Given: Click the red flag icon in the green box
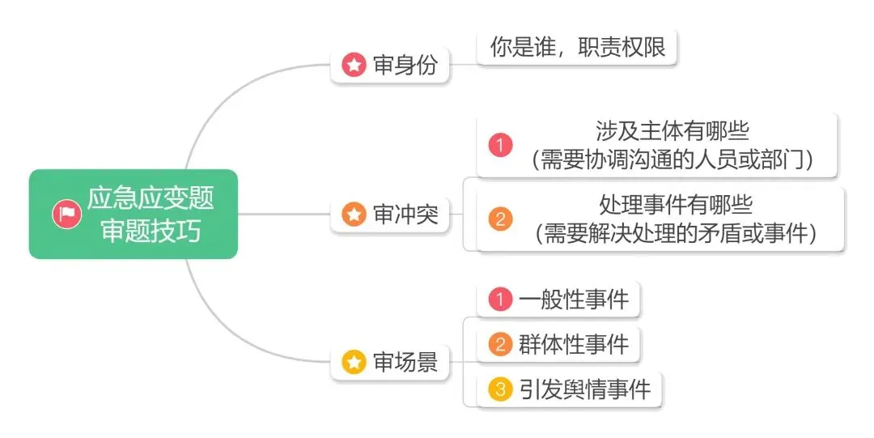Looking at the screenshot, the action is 66,214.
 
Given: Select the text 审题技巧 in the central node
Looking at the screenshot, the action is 151,231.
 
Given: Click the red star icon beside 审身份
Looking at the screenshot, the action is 354,66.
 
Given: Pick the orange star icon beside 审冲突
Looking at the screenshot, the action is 354,215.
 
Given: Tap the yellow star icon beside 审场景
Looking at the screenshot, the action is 354,362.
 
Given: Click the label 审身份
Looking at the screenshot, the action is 405,66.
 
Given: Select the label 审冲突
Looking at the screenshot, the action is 405,215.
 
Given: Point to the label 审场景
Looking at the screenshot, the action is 405,362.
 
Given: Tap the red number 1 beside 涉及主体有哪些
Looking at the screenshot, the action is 501,146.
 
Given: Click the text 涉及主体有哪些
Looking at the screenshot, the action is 672,132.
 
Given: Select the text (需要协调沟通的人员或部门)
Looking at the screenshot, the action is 672,160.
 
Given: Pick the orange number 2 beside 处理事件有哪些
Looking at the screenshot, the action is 501,219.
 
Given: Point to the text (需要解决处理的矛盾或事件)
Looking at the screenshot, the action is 676,233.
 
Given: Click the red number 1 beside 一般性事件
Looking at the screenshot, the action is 501,300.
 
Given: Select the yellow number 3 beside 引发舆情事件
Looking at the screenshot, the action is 501,389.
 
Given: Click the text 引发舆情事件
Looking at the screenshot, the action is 584,389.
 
